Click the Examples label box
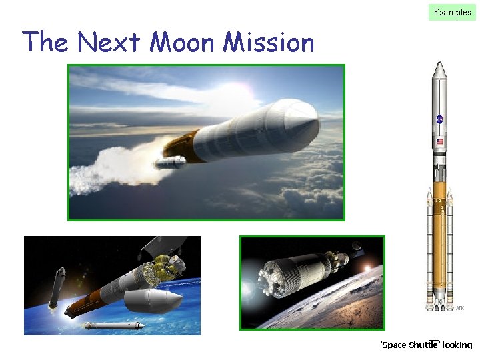pyautogui.click(x=452, y=11)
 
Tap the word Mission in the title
pyautogui.click(x=269, y=43)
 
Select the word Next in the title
pyautogui.click(x=110, y=43)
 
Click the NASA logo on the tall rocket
pyautogui.click(x=439, y=119)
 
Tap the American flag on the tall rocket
pyautogui.click(x=439, y=142)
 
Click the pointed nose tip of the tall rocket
pyautogui.click(x=439, y=63)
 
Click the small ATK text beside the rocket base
pyautogui.click(x=459, y=307)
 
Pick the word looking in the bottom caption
pyautogui.click(x=457, y=345)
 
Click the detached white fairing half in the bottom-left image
pyautogui.click(x=157, y=300)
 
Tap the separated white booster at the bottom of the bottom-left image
pyautogui.click(x=113, y=325)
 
